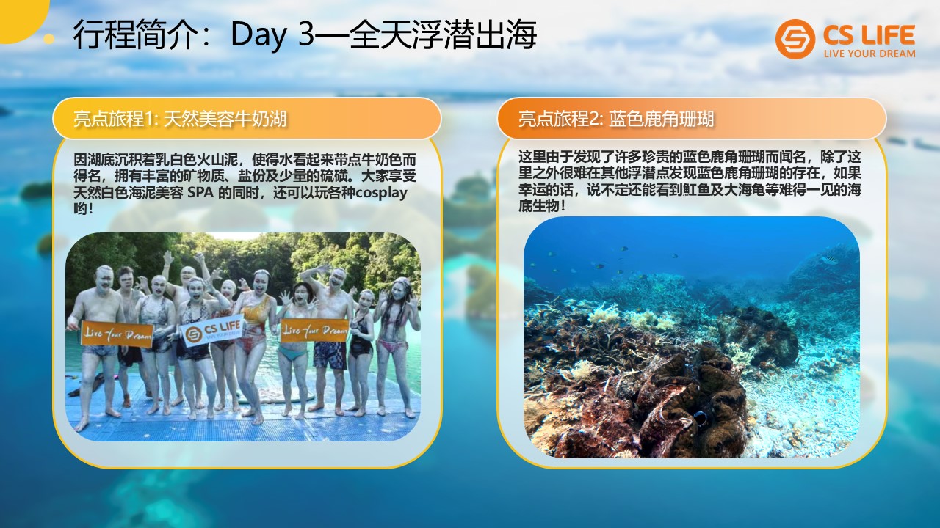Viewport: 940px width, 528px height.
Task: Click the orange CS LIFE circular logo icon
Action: click(795, 39)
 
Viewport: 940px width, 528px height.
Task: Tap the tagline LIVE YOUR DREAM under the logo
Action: click(869, 54)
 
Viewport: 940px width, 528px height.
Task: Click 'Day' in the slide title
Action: click(258, 35)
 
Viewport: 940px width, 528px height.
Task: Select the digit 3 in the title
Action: click(306, 34)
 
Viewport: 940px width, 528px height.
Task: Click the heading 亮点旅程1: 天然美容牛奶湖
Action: click(180, 119)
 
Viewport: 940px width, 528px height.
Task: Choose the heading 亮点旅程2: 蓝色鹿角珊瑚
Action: click(616, 119)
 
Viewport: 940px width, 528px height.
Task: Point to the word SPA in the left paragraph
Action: click(200, 193)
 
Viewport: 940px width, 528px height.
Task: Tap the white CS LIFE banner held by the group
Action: click(212, 331)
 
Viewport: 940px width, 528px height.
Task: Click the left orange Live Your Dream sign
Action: click(117, 334)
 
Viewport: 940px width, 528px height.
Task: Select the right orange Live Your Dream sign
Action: click(315, 330)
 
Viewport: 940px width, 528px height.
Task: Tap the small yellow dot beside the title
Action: click(49, 39)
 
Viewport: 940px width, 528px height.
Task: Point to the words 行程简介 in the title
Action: click(135, 35)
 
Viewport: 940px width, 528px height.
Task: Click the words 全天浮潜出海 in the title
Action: click(442, 34)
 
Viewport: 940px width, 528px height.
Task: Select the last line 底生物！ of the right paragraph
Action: click(542, 206)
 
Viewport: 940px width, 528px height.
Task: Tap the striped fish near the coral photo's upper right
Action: click(829, 260)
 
